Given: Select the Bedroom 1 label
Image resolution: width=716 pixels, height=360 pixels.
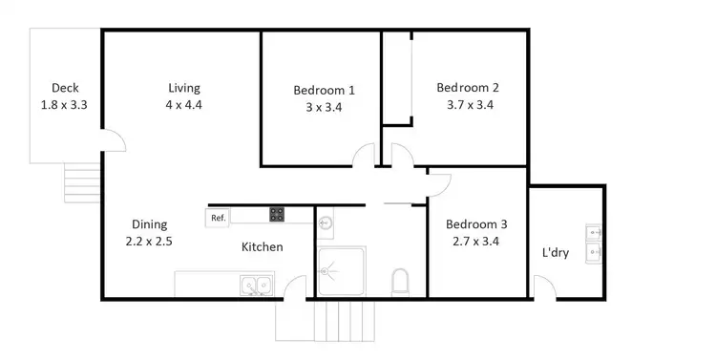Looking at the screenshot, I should pyautogui.click(x=324, y=91).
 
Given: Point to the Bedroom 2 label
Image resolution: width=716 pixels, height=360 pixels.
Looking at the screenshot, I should pyautogui.click(x=468, y=88).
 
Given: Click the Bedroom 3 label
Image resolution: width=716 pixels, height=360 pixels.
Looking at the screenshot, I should pyautogui.click(x=476, y=224).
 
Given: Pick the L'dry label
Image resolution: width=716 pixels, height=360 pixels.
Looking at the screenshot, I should pyautogui.click(x=557, y=253).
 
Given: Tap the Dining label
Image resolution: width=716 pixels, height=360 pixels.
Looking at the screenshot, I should pyautogui.click(x=148, y=225).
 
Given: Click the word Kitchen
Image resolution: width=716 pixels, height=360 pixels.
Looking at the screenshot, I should pyautogui.click(x=262, y=247).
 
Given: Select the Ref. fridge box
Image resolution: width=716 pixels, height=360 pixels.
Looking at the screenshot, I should pyautogui.click(x=219, y=218).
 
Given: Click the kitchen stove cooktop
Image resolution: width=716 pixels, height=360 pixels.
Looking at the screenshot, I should pyautogui.click(x=278, y=215).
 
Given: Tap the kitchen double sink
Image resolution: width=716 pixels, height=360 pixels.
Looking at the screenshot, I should pyautogui.click(x=256, y=284).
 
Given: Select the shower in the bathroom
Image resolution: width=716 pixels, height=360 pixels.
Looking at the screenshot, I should pyautogui.click(x=341, y=271).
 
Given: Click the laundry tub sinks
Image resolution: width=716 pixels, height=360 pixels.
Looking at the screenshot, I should pyautogui.click(x=593, y=242).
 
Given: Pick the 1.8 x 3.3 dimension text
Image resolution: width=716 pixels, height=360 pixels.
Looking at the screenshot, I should pyautogui.click(x=65, y=105).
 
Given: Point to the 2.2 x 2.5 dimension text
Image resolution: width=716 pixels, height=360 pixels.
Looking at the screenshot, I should pyautogui.click(x=148, y=242).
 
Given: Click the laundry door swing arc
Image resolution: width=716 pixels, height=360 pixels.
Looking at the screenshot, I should pyautogui.click(x=541, y=286).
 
